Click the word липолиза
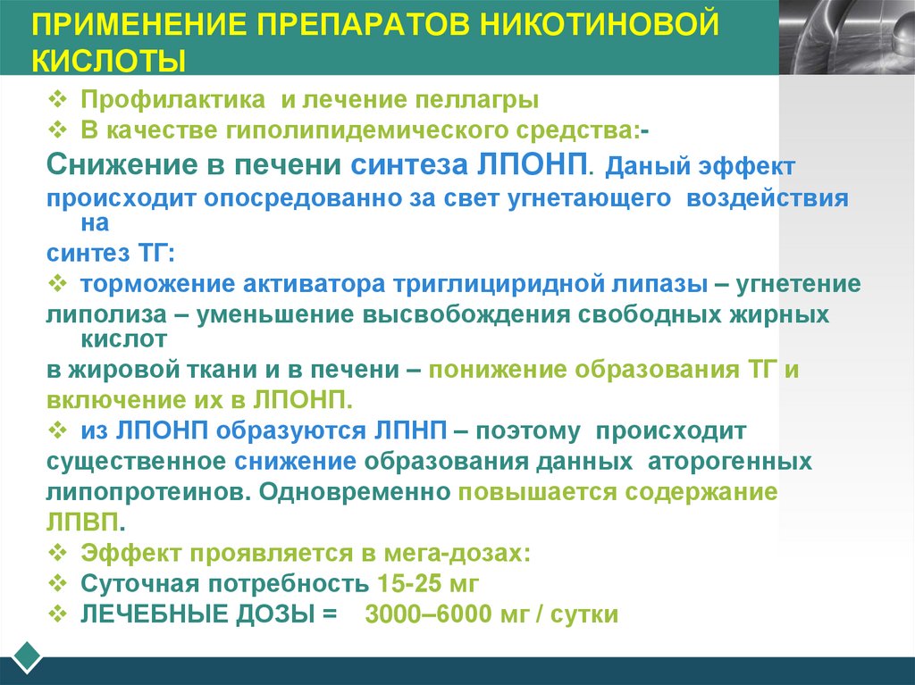coord(94,314)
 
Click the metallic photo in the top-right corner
coord(847,36)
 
